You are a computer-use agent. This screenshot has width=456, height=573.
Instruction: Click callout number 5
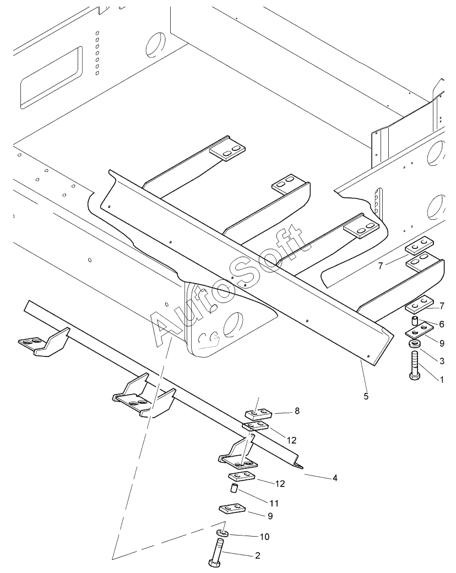[366, 396]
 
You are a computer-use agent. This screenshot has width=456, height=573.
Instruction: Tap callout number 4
[335, 478]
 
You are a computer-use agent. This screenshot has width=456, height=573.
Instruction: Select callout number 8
[297, 411]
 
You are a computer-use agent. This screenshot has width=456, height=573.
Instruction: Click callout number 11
[274, 503]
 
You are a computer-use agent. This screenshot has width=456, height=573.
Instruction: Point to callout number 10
[264, 537]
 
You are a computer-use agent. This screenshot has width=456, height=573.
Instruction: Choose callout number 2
[258, 556]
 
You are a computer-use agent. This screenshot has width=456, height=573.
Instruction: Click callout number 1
[441, 380]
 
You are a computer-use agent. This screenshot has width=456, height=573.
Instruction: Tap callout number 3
[442, 361]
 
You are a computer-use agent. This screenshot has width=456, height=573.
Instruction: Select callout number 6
[442, 324]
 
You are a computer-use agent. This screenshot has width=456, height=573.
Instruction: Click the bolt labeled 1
[415, 366]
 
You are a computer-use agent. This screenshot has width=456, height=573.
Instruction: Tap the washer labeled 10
[222, 532]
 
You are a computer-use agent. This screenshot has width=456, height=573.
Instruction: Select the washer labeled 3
[414, 344]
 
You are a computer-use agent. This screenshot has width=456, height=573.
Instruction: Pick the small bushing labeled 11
[234, 488]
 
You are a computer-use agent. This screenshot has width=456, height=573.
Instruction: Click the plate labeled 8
[258, 414]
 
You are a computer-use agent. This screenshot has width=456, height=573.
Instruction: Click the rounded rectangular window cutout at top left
[51, 78]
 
